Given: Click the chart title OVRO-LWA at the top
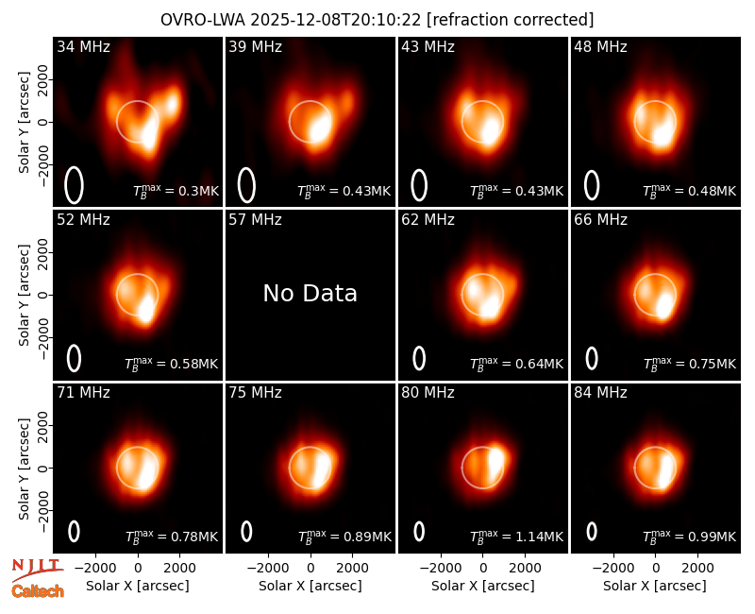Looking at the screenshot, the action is (203, 20).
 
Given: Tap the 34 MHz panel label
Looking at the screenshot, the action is (83, 46).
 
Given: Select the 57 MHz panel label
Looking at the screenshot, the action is (255, 220).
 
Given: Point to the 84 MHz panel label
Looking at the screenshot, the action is (600, 393).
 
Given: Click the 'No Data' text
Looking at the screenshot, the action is (310, 294).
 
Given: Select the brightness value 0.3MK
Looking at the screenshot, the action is (198, 191).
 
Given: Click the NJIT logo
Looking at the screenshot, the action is (37, 569).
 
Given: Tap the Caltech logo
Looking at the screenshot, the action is (38, 591).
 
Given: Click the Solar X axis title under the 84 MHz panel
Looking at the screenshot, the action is (655, 586).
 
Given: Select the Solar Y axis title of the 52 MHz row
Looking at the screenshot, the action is (25, 295).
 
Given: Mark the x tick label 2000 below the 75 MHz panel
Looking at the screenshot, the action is (352, 568).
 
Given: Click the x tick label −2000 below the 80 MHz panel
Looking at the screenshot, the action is (439, 568).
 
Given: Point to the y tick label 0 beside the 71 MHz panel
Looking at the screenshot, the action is (42, 468).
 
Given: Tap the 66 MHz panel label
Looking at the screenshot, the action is (600, 220).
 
